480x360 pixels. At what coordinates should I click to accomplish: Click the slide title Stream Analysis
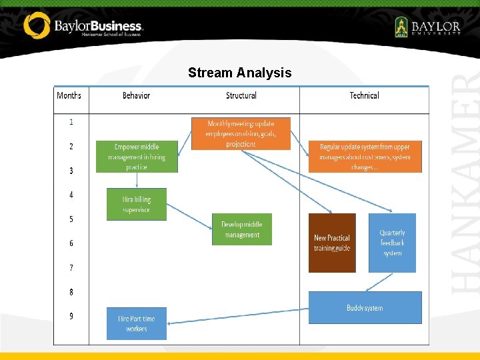click(239, 73)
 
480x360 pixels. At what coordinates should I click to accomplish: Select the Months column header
click(69, 95)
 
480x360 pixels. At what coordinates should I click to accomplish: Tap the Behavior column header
click(136, 95)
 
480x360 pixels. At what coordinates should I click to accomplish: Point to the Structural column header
click(241, 95)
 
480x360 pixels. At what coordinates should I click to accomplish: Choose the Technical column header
click(364, 95)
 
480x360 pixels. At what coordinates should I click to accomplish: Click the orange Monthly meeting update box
click(241, 133)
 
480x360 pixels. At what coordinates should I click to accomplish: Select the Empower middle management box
click(137, 157)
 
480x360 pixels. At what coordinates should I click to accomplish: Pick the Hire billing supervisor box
click(137, 204)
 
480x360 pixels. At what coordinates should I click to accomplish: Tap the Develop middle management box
click(242, 229)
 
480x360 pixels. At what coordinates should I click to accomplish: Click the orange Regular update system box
click(365, 157)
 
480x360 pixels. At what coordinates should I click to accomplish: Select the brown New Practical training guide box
click(332, 243)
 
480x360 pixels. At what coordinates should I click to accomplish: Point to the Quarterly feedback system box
click(392, 243)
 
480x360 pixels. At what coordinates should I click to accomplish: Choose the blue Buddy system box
click(365, 307)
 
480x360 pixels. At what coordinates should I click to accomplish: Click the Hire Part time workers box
click(137, 323)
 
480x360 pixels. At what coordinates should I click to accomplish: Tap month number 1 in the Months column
click(71, 122)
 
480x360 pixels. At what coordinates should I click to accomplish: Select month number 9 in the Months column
click(71, 316)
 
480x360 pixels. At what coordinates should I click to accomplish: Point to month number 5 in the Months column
click(71, 219)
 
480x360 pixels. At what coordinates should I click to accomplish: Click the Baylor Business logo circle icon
click(37, 25)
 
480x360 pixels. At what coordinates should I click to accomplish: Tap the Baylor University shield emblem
click(401, 27)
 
